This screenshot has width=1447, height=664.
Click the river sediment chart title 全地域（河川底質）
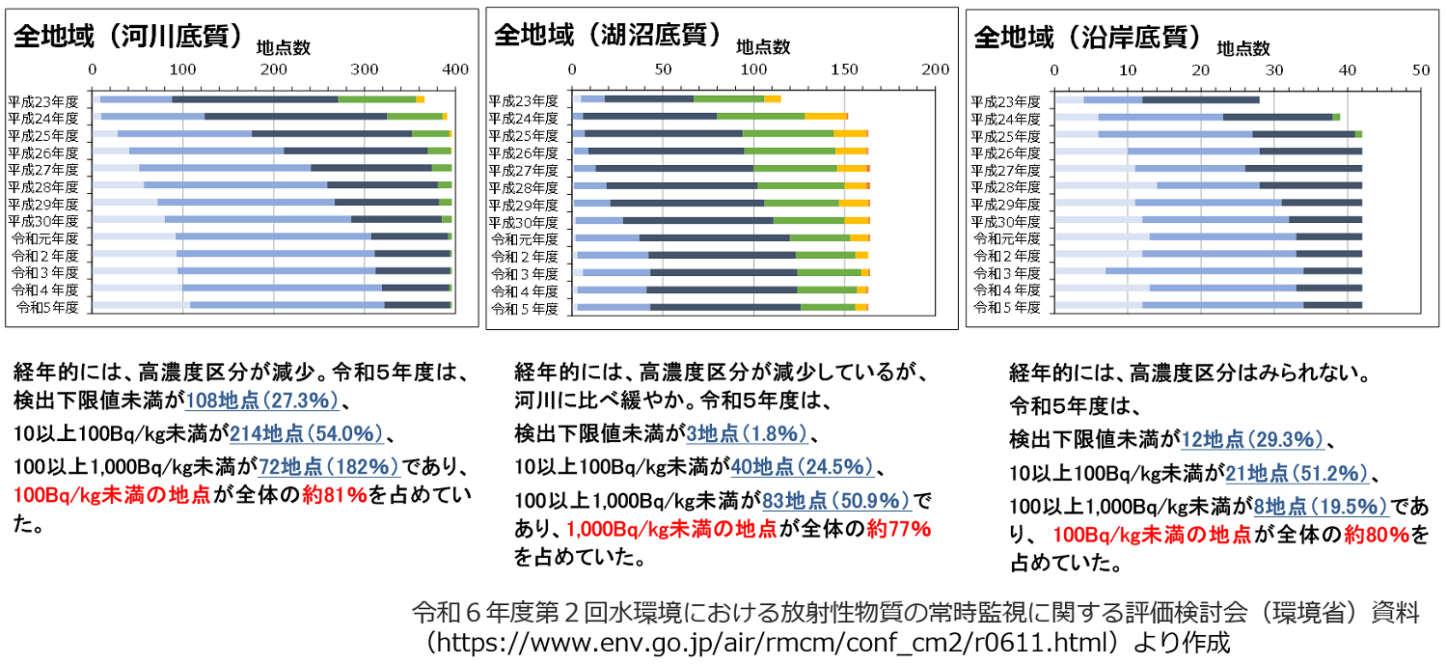pyautogui.click(x=127, y=37)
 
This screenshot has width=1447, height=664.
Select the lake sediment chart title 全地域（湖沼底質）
pyautogui.click(x=608, y=35)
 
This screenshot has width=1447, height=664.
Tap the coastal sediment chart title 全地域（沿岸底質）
pyautogui.click(x=1088, y=37)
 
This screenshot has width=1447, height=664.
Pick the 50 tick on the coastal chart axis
pyautogui.click(x=1421, y=69)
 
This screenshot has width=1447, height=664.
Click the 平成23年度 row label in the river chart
pyautogui.click(x=43, y=99)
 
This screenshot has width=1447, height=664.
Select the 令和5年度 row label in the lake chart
pyautogui.click(x=525, y=309)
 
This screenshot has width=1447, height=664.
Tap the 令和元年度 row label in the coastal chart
pyautogui.click(x=1005, y=238)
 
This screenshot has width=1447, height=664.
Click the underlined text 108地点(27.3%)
pyautogui.click(x=261, y=401)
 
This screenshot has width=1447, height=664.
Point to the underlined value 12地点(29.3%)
pyautogui.click(x=1252, y=440)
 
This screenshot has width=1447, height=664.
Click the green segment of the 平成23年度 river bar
pyautogui.click(x=377, y=99)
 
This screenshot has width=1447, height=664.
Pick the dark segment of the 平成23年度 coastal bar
pyautogui.click(x=1201, y=99)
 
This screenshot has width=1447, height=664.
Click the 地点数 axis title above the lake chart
pyautogui.click(x=763, y=46)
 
